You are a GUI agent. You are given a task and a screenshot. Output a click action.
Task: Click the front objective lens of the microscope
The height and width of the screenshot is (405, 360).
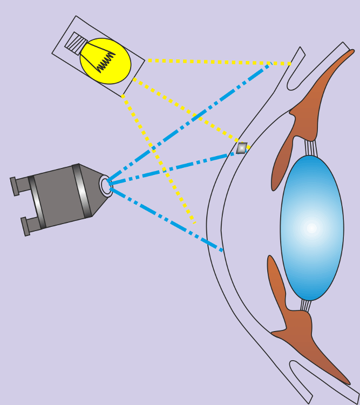tap(106, 186)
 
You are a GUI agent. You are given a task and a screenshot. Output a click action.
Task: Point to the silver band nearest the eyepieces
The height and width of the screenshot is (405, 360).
tap(36, 202)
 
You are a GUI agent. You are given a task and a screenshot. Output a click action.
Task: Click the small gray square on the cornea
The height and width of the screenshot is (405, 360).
tap(242, 148)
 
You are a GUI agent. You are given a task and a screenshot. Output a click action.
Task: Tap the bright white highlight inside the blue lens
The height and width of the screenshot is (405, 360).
tap(311, 228)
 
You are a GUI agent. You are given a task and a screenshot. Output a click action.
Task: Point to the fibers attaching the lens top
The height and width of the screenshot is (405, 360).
tap(311, 147)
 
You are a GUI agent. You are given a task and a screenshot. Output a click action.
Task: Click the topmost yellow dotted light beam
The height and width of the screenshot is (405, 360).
tap(216, 62)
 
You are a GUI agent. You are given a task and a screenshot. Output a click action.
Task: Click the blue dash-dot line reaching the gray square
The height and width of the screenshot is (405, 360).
tap(173, 168)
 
